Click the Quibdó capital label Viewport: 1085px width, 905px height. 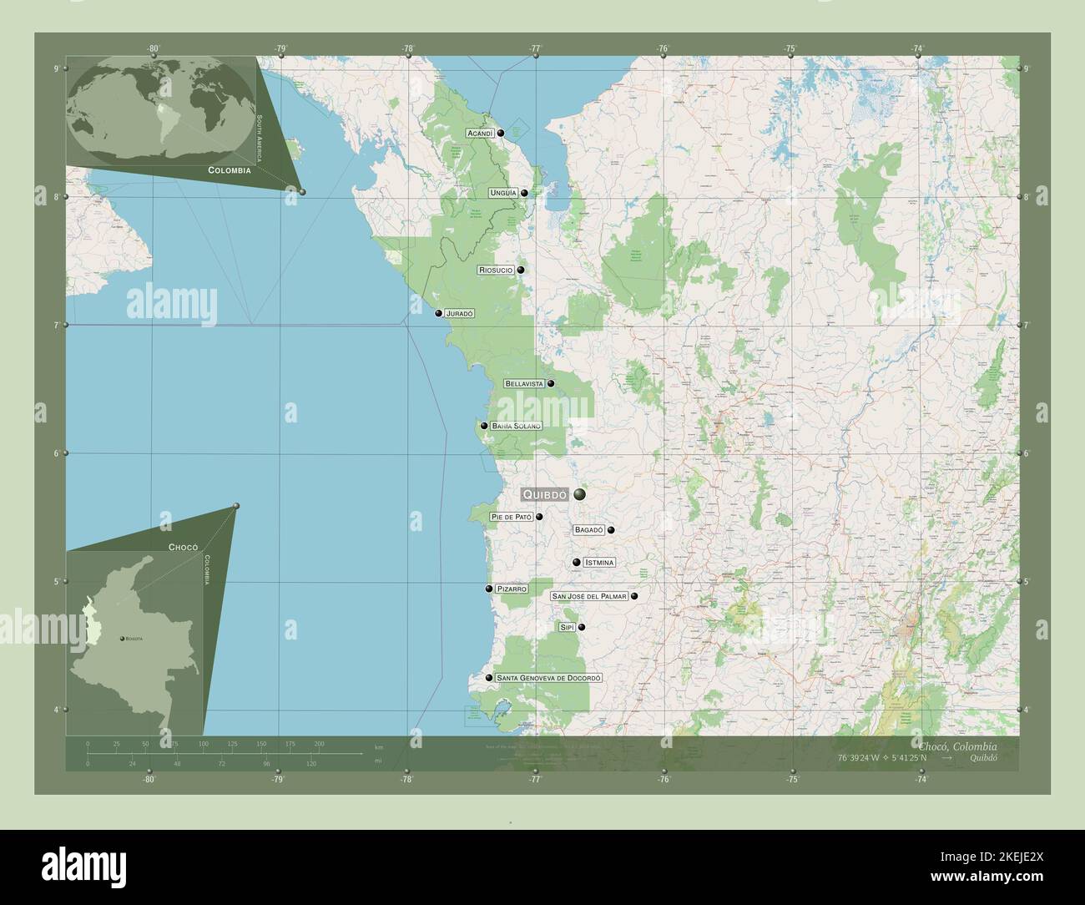[x=545, y=494]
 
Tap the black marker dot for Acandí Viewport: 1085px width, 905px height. [x=501, y=133]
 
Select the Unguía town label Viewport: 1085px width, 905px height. [x=503, y=193]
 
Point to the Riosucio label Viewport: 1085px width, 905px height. [x=496, y=270]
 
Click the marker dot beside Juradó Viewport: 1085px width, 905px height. [x=438, y=314]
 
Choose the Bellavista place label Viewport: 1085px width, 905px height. [x=524, y=384]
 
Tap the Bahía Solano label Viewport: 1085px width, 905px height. [x=516, y=426]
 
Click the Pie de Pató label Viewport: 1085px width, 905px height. [x=512, y=517]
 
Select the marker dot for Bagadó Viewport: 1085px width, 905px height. [x=612, y=530]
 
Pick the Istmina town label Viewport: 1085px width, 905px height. [x=599, y=563]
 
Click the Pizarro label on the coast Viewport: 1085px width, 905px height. [x=512, y=589]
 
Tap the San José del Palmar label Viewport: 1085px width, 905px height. [x=588, y=597]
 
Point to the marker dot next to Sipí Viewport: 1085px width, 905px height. [x=582, y=627]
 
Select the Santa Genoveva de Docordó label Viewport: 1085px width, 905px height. [x=548, y=678]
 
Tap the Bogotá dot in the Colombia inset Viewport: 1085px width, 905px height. [x=122, y=639]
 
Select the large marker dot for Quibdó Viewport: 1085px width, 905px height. [x=579, y=494]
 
